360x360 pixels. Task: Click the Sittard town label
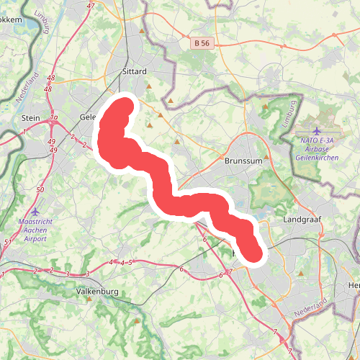[x=135, y=72]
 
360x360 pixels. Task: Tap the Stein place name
[x=31, y=117]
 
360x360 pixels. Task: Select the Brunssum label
[x=241, y=162]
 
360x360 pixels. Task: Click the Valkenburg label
[x=96, y=292]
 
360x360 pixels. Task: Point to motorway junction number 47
[x=90, y=6]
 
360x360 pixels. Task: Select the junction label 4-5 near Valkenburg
[x=120, y=262]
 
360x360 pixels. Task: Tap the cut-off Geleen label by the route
[x=87, y=117]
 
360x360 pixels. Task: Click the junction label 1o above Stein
[x=53, y=117]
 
